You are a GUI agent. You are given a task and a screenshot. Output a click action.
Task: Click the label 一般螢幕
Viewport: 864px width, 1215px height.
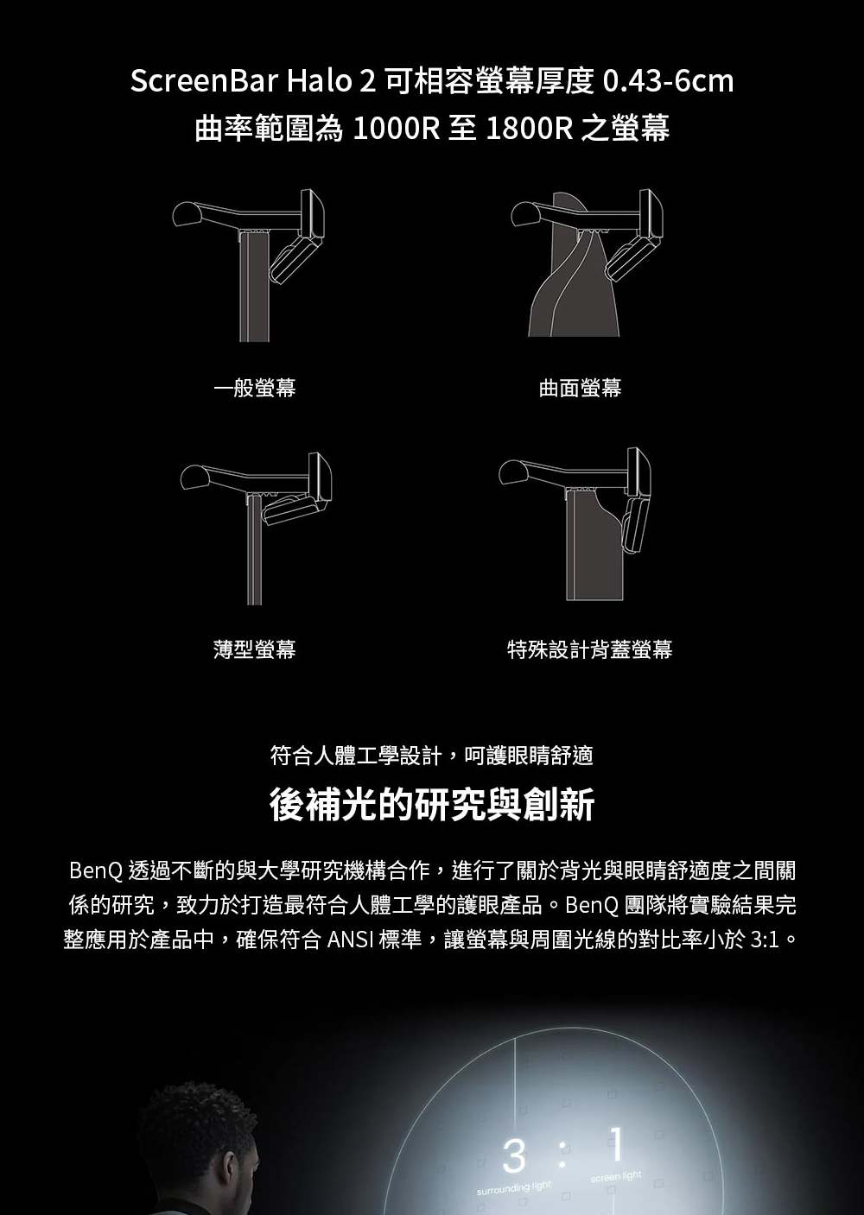point(255,388)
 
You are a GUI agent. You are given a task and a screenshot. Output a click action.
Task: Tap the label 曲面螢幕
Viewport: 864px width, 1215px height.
point(580,388)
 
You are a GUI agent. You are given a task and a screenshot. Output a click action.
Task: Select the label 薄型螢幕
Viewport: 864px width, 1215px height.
point(255,649)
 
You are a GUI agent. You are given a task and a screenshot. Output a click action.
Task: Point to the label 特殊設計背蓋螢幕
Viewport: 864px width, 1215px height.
point(589,649)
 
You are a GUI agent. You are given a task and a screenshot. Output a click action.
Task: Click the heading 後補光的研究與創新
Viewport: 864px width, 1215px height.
point(432,804)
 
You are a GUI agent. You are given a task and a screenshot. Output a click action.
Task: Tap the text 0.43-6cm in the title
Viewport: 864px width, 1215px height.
point(668,81)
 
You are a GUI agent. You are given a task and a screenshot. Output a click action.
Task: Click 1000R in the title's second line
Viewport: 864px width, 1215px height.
point(397,129)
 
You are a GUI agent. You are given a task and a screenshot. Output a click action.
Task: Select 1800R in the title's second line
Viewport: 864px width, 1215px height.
point(530,129)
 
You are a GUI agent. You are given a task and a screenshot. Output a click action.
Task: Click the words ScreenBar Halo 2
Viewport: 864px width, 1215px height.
point(252,81)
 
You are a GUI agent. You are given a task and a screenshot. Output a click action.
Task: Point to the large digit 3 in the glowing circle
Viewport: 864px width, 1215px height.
point(514,1156)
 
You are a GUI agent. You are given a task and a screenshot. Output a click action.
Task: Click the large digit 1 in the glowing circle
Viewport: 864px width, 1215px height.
point(617,1143)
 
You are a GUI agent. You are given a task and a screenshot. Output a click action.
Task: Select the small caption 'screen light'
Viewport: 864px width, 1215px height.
point(616,1176)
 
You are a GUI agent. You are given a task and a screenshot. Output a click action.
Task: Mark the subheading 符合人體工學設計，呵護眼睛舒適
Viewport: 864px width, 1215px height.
point(432,755)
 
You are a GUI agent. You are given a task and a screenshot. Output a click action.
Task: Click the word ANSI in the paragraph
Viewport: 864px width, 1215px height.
point(350,940)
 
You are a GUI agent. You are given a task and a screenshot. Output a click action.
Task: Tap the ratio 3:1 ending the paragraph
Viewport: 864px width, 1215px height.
point(766,940)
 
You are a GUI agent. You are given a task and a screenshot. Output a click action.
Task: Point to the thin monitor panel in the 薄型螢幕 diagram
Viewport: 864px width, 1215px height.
point(255,551)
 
